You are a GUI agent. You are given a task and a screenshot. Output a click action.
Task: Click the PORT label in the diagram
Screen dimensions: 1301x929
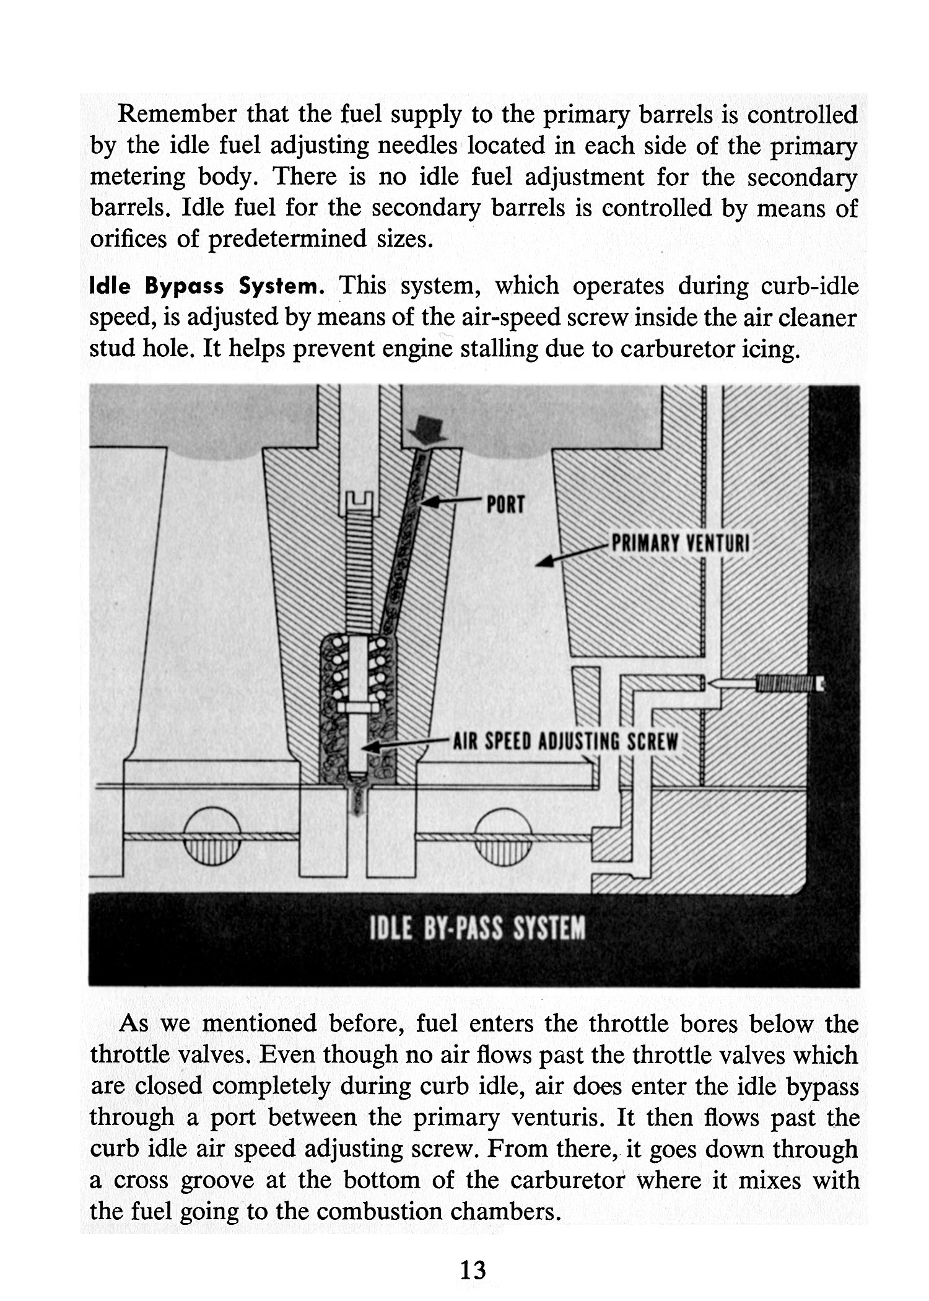tap(505, 505)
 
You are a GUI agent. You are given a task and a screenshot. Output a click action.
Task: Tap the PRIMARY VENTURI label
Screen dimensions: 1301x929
tap(680, 544)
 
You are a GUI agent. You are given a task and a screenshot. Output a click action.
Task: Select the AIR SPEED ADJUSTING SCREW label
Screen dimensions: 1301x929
tap(566, 742)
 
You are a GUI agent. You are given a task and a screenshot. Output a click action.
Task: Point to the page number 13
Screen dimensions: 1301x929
tap(473, 1270)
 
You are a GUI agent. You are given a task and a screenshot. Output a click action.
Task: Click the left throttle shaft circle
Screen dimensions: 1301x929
tap(212, 836)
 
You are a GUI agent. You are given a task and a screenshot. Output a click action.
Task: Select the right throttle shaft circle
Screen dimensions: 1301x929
tap(503, 836)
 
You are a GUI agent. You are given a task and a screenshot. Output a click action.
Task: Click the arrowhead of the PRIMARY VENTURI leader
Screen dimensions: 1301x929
tap(544, 563)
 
